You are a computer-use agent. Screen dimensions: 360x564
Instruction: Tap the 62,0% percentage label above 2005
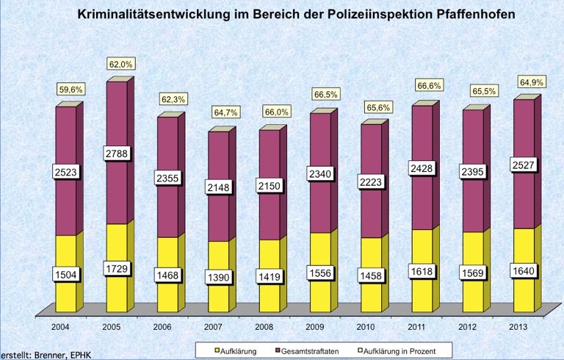[120, 65]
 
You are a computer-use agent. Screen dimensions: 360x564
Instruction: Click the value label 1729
[117, 269]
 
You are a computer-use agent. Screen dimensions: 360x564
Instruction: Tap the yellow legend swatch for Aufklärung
[217, 352]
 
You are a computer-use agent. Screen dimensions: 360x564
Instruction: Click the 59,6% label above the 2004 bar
[71, 89]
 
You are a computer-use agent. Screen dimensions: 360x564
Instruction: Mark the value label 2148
[219, 187]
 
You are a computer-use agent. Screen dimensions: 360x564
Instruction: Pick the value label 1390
[219, 278]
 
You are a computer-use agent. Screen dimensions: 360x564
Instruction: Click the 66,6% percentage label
[430, 86]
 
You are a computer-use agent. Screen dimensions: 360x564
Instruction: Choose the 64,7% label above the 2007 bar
[225, 112]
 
